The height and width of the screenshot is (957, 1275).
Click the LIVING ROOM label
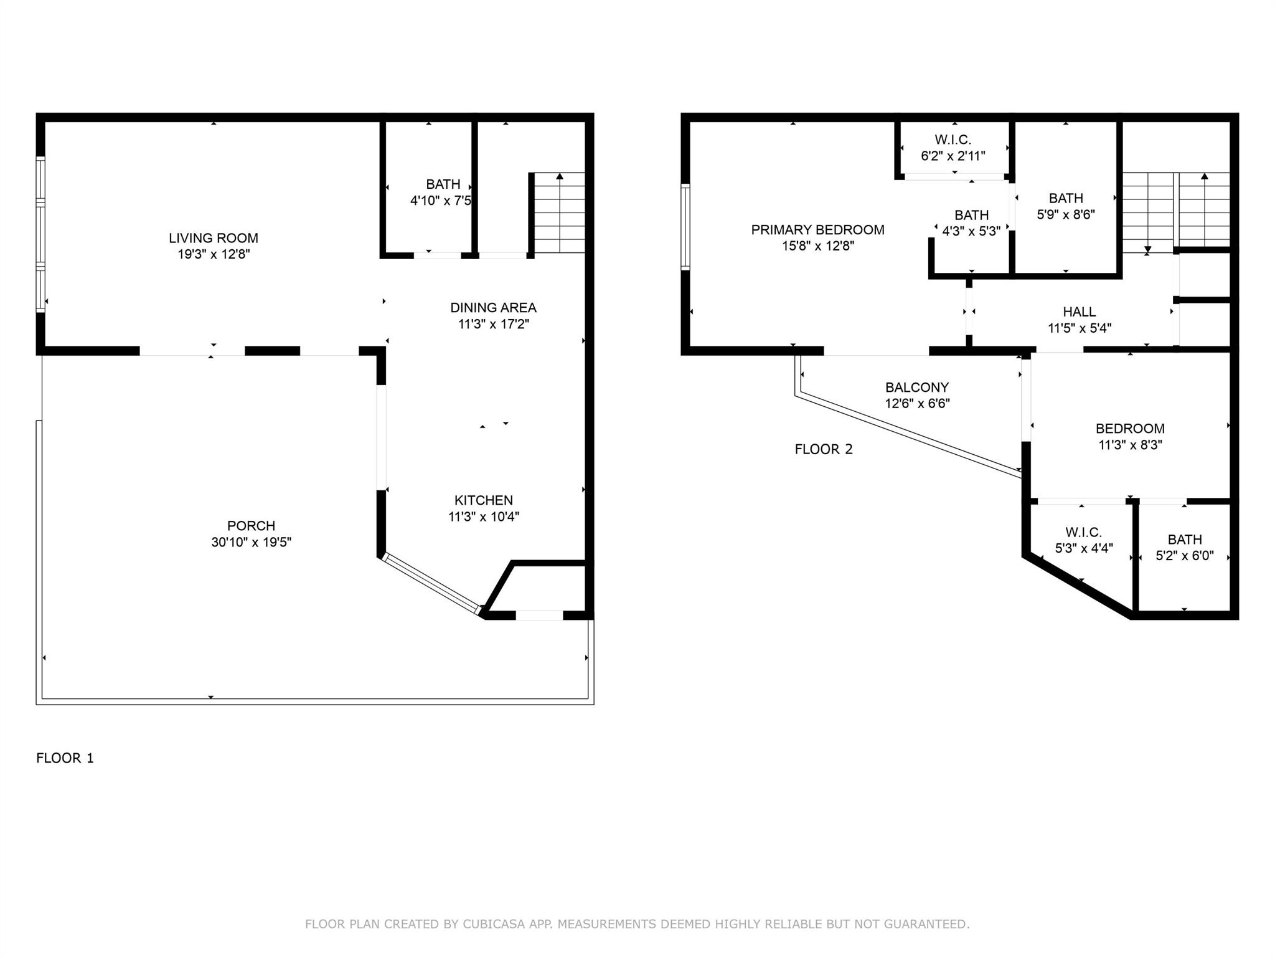pyautogui.click(x=214, y=238)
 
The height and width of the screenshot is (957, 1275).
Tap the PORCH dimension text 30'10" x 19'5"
pyautogui.click(x=252, y=542)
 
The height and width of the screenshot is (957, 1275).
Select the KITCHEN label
pyautogui.click(x=484, y=500)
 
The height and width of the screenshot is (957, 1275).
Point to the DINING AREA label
pyautogui.click(x=493, y=308)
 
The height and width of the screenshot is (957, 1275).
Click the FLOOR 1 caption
pyautogui.click(x=65, y=758)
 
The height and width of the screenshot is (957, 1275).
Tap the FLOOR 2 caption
pyautogui.click(x=824, y=449)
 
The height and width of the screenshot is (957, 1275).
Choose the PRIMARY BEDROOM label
pyautogui.click(x=817, y=230)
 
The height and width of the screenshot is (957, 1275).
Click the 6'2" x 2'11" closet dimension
pyautogui.click(x=953, y=156)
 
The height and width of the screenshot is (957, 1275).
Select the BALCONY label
pyautogui.click(x=917, y=388)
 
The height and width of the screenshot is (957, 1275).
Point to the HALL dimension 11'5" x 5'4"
pyautogui.click(x=1080, y=328)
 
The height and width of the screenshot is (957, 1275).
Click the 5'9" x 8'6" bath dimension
pyautogui.click(x=1066, y=214)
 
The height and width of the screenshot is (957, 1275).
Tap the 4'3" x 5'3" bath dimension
pyautogui.click(x=971, y=231)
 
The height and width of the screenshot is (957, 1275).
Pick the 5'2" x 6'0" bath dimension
pyautogui.click(x=1185, y=556)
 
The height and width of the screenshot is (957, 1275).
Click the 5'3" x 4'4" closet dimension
pyautogui.click(x=1084, y=548)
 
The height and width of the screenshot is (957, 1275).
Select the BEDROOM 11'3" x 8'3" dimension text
pyautogui.click(x=1130, y=445)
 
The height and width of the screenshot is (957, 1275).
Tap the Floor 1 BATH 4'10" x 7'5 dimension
pyautogui.click(x=441, y=201)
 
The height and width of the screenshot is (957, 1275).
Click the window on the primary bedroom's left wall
pyautogui.click(x=685, y=227)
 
